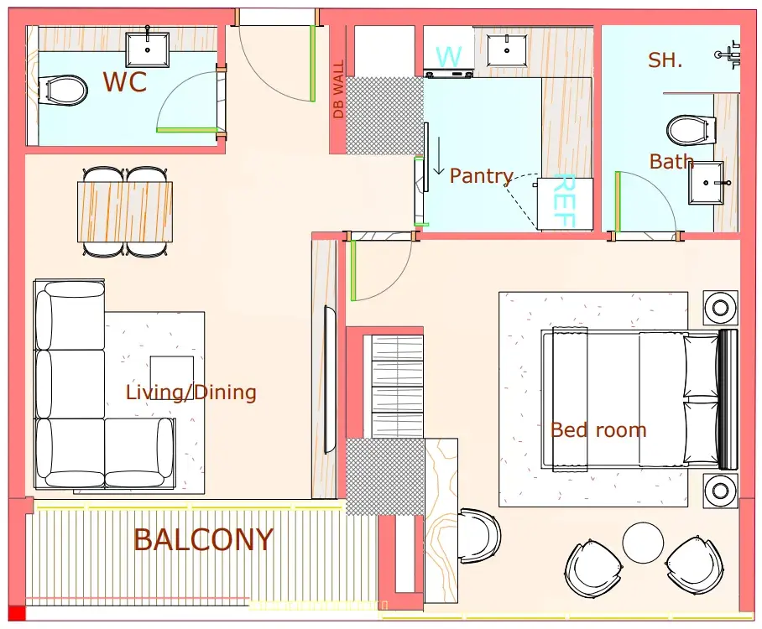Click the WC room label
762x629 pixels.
(x=124, y=81)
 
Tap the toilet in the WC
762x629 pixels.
(x=63, y=91)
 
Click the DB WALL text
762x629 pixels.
(x=338, y=89)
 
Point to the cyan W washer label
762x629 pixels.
(x=448, y=57)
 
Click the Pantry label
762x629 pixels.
(x=481, y=176)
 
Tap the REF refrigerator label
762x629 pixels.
(x=565, y=200)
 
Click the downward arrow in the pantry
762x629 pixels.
(x=439, y=155)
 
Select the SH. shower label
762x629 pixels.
(x=665, y=60)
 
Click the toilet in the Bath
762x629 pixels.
(x=690, y=130)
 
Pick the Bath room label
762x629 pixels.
(x=671, y=161)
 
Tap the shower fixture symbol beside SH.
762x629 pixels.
(x=728, y=55)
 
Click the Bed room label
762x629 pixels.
(x=598, y=430)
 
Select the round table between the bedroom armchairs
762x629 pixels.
(x=643, y=543)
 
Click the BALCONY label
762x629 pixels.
(x=203, y=539)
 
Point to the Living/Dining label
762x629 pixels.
(x=191, y=392)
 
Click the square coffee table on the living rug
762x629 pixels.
(x=171, y=377)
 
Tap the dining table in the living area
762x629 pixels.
(x=125, y=211)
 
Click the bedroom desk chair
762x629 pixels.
(x=478, y=536)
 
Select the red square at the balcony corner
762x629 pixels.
(x=17, y=613)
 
